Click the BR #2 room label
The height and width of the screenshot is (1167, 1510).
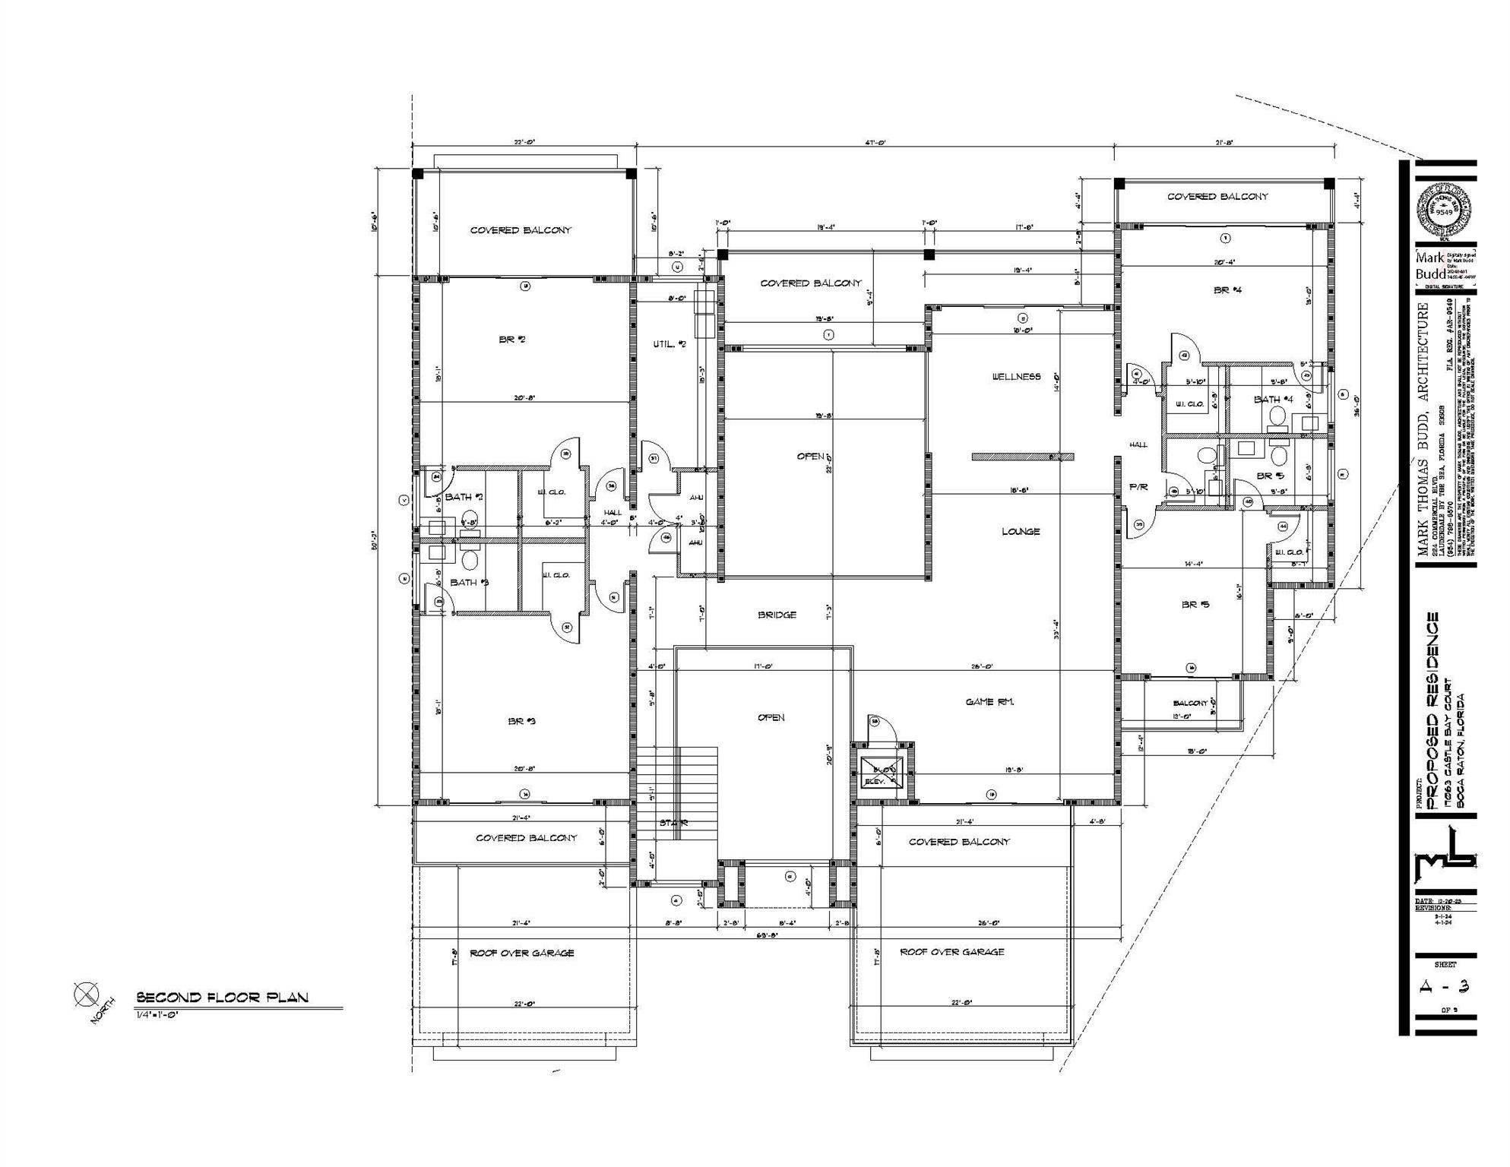click(512, 340)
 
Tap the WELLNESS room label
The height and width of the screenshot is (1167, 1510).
click(1016, 377)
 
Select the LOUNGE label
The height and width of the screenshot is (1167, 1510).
click(1021, 532)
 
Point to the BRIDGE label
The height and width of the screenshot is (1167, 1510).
click(777, 615)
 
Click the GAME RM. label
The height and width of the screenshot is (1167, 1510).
click(989, 702)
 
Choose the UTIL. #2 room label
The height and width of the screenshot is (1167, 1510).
click(670, 344)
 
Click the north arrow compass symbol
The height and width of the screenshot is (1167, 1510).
click(86, 995)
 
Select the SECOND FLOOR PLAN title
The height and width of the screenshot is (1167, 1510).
click(222, 998)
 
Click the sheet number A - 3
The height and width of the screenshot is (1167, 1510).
click(1445, 987)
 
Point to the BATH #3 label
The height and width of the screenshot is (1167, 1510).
click(469, 583)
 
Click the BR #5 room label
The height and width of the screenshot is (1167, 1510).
click(1195, 605)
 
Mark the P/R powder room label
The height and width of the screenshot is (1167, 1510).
click(1138, 487)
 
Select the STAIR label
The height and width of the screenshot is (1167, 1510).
click(673, 823)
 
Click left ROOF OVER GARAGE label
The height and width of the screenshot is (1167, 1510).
click(521, 953)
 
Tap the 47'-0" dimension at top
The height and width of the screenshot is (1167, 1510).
click(875, 142)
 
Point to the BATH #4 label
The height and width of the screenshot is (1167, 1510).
click(1273, 400)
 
